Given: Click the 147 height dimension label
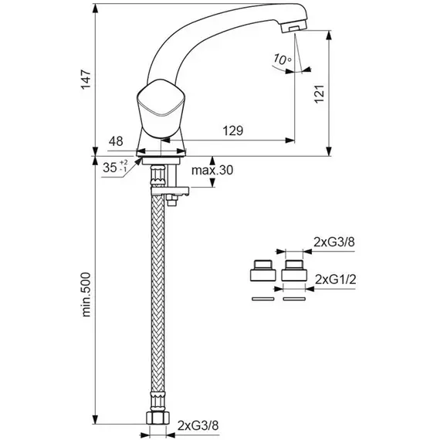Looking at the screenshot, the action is pos(86,80).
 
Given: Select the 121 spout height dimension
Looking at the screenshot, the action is pos(320,93).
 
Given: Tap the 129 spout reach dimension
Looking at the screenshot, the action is pos(233,130).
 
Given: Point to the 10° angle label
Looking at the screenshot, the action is pos(283,59).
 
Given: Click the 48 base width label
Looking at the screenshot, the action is pos(116,141).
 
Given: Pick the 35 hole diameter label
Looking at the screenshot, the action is pos(115,167).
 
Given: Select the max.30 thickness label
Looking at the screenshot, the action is pos(212,170).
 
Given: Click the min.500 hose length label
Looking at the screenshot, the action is pos(86,295).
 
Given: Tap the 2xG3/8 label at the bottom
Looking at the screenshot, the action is pos(198,425).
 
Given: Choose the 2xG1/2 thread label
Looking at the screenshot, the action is pos(336,279).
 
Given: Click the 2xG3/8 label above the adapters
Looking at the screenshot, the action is pos(334,242).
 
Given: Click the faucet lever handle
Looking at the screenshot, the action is pos(161,108).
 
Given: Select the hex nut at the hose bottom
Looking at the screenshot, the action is pos(157,418).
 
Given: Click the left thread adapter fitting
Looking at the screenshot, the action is pos(263,270).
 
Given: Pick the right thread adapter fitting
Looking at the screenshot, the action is pos(294,270).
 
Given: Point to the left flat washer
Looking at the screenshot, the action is pos(263,299).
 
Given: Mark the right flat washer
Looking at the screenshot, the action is pos(294,299).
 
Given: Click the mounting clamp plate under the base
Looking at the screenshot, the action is pos(170,191).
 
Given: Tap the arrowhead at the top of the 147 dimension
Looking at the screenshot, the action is pos(96,8).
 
